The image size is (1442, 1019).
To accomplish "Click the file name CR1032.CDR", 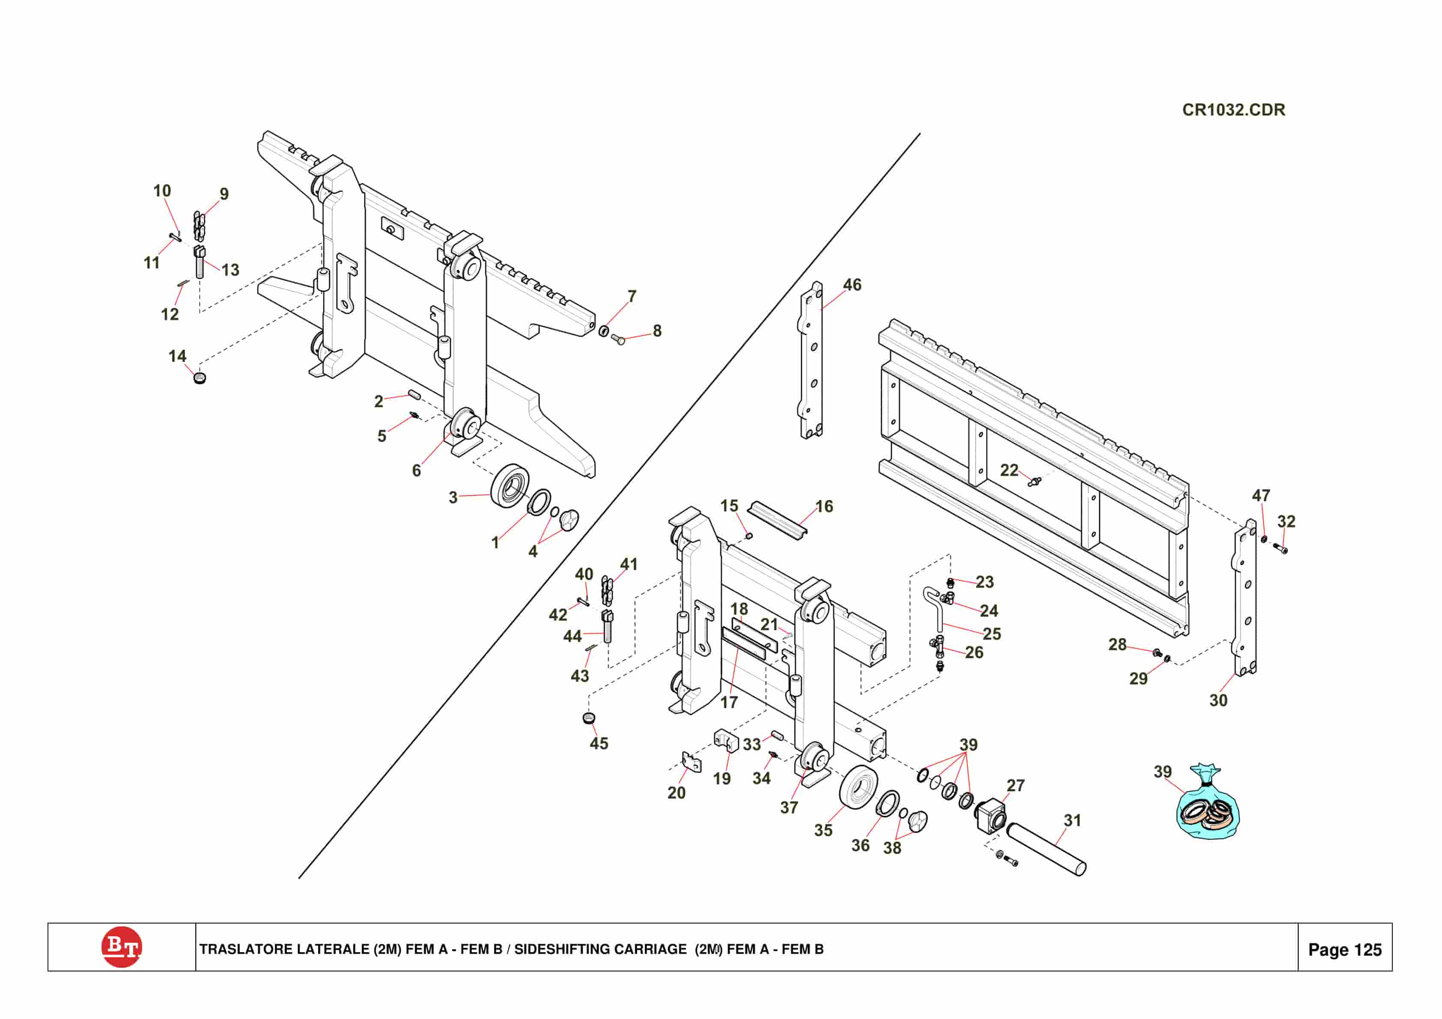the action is click(x=1233, y=110).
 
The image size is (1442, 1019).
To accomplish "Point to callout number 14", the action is click(x=177, y=356).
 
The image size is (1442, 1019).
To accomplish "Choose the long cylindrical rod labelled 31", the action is click(x=1046, y=849).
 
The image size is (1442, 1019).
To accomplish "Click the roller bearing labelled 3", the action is click(x=510, y=486).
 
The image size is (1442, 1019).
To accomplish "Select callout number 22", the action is click(x=1009, y=470).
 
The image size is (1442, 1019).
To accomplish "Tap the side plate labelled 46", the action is click(x=811, y=360).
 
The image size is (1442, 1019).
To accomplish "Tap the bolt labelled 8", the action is click(x=617, y=339).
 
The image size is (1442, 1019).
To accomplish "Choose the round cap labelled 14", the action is click(x=200, y=378).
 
